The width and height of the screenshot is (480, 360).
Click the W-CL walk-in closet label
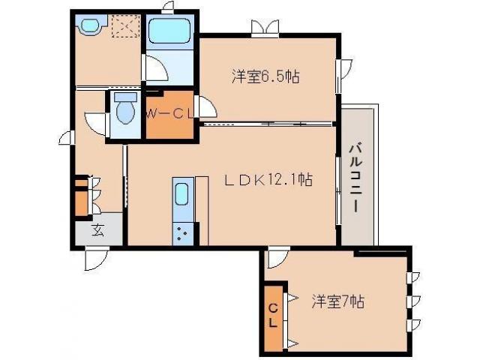[x=170, y=113]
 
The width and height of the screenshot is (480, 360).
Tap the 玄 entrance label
[x=98, y=230]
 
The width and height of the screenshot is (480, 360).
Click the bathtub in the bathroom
[x=171, y=32]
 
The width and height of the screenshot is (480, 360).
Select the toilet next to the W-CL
[x=125, y=112]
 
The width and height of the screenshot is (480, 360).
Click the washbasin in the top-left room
[x=88, y=25]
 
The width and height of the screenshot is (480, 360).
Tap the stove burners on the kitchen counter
[x=183, y=233]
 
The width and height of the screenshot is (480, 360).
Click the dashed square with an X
[x=121, y=27]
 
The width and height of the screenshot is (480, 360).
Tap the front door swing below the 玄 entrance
[x=95, y=258]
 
